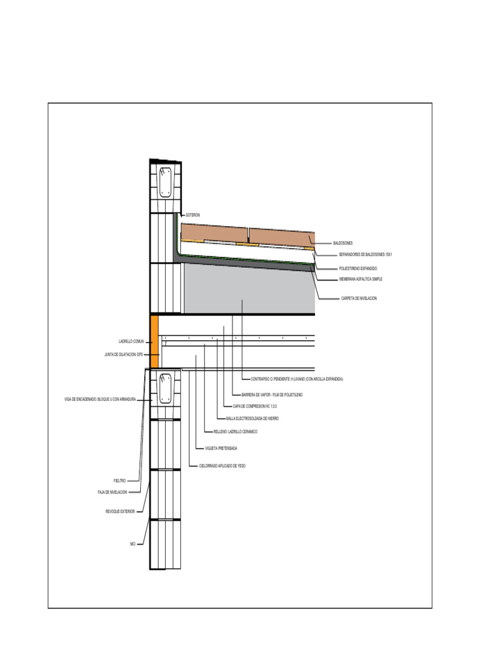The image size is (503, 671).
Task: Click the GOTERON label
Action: click(x=193, y=215)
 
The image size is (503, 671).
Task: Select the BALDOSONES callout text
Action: click(x=343, y=243)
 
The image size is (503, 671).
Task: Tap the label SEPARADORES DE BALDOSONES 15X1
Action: click(x=365, y=254)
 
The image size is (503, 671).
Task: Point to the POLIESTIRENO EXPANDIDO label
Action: click(x=358, y=269)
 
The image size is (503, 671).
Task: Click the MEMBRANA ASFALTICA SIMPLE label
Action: click(x=360, y=279)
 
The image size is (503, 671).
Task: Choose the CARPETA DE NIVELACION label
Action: click(x=359, y=298)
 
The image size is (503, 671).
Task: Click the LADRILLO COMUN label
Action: click(x=131, y=341)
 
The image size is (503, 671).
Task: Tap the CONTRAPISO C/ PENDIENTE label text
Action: click(x=297, y=379)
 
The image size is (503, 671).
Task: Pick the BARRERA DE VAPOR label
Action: click(x=272, y=395)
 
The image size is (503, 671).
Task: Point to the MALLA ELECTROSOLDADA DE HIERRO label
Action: click(x=252, y=418)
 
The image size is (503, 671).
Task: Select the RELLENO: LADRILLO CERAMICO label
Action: click(x=236, y=432)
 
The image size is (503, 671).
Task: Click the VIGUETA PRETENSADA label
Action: click(x=221, y=449)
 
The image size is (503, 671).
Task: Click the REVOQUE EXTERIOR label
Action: click(x=120, y=511)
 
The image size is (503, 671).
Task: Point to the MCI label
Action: click(x=132, y=544)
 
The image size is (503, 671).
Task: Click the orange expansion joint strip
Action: click(x=155, y=341)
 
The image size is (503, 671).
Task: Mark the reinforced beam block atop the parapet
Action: click(x=166, y=183)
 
